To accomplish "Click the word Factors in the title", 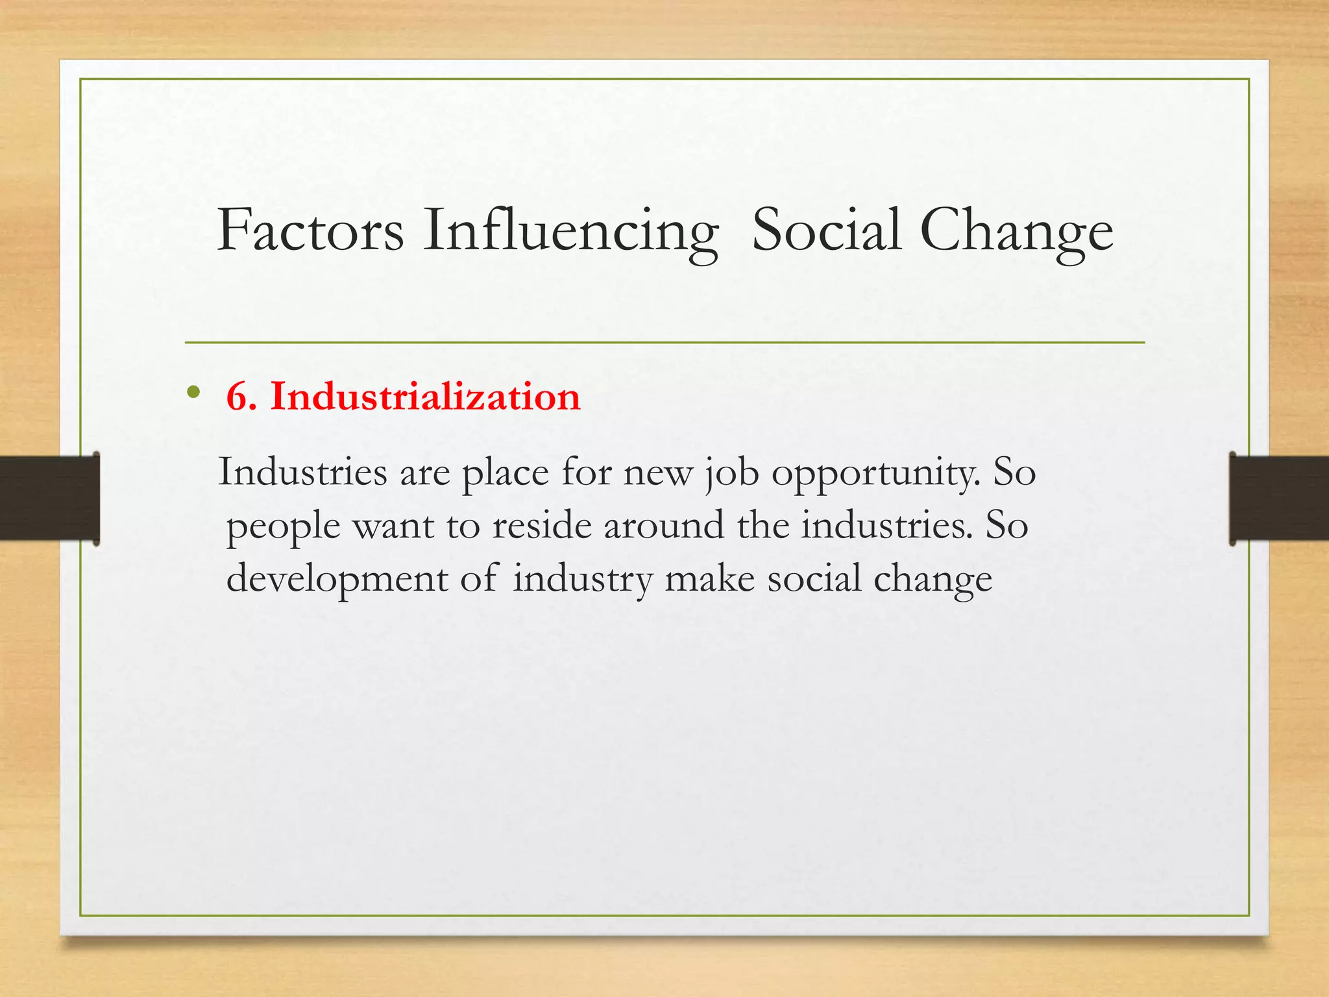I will (x=310, y=231).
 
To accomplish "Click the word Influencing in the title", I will (x=571, y=231).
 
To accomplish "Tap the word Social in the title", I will (x=826, y=231).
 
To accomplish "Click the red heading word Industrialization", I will (x=425, y=397).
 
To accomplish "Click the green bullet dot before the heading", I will (x=193, y=392).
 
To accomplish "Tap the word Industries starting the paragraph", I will (x=302, y=472).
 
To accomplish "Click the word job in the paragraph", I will (x=731, y=473).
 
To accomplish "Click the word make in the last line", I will (x=710, y=578).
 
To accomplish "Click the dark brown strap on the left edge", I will (x=49, y=498).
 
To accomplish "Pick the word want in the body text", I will (x=393, y=525).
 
